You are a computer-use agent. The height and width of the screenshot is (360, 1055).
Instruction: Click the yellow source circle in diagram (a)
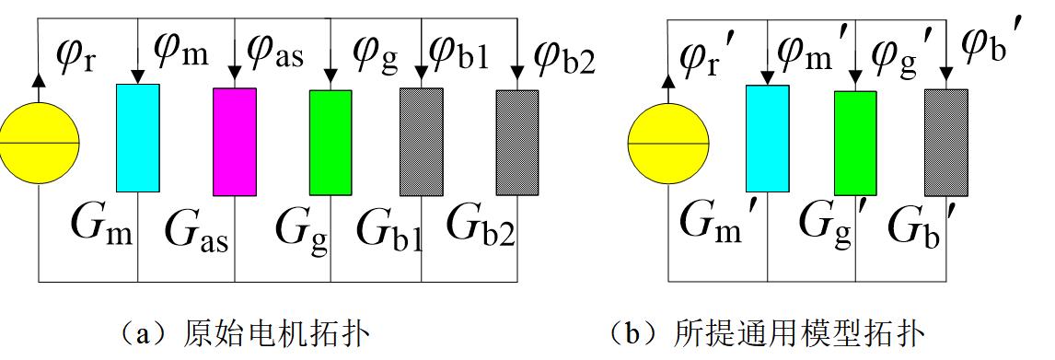point(38,143)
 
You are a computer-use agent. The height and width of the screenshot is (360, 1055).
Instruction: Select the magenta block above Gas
point(235,141)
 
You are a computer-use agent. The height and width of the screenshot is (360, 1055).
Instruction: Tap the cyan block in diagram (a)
point(137,137)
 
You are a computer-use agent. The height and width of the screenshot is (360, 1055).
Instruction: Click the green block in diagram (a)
point(330,142)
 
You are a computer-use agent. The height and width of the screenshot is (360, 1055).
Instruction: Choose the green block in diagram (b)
point(855,143)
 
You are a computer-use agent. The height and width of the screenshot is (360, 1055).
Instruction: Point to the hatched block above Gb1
point(422,142)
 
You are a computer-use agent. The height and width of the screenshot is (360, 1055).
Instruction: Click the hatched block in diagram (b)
point(945,142)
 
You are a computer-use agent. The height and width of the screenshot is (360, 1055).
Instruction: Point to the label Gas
point(196,230)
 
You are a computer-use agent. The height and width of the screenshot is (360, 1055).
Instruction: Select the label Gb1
point(388,230)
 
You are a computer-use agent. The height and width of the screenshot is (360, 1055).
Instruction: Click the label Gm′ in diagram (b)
point(715,219)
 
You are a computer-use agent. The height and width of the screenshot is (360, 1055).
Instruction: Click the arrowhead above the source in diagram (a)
point(38,80)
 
